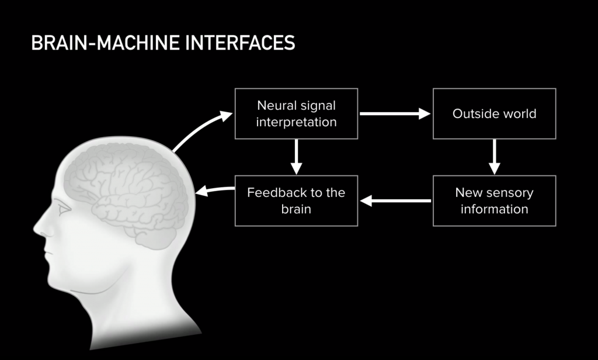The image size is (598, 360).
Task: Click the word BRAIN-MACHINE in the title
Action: [106, 43]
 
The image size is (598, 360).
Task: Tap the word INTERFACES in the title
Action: [240, 43]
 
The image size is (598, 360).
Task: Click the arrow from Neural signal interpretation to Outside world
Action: [395, 114]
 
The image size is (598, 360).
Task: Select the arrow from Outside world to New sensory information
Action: [494, 157]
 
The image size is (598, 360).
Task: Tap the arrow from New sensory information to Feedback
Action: [395, 201]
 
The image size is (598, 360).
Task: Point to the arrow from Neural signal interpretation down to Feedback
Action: [296, 157]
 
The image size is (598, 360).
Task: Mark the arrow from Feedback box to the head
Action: [214, 189]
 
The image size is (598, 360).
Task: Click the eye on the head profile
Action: [63, 208]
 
